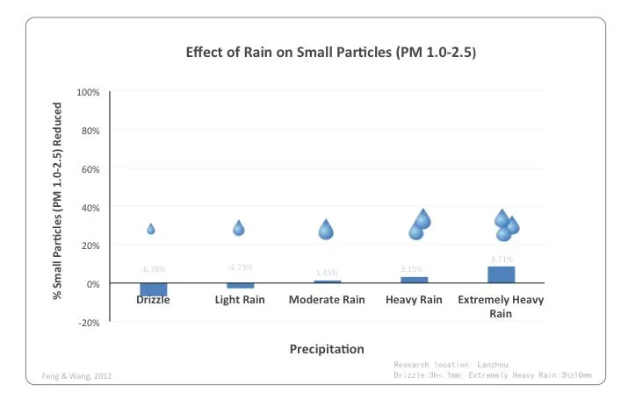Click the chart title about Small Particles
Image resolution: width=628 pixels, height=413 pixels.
[x=331, y=52]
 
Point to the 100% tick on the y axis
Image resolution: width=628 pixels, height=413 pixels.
[x=88, y=92]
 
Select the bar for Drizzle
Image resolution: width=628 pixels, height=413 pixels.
[x=153, y=289]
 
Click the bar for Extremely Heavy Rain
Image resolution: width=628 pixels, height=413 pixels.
[x=501, y=274]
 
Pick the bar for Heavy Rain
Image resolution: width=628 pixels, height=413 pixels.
[x=414, y=280]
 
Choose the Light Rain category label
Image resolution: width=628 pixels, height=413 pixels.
[x=240, y=300]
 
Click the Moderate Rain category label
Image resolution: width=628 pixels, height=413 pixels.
[x=327, y=300]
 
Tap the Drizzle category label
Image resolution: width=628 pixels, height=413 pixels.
[x=153, y=300]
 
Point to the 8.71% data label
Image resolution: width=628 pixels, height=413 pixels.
[x=502, y=259]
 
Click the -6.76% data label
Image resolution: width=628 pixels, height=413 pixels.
[x=153, y=269]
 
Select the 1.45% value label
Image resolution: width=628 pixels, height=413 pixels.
[x=327, y=273]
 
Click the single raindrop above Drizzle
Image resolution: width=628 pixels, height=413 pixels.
[x=151, y=229]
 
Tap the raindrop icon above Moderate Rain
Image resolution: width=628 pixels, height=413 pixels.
[x=326, y=230]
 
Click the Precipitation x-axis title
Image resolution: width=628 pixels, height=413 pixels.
[x=327, y=350]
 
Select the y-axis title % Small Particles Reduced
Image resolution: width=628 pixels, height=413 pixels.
[x=58, y=201]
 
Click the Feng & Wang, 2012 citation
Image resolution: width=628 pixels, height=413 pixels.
[x=77, y=376]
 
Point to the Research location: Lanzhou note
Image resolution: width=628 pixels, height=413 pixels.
[x=451, y=363]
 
